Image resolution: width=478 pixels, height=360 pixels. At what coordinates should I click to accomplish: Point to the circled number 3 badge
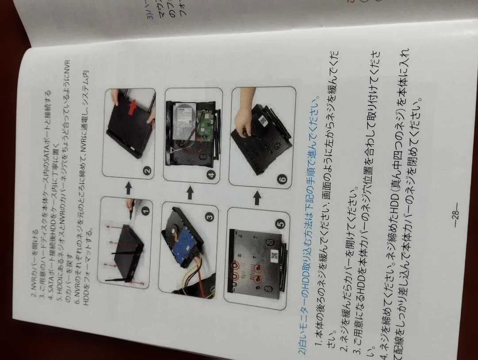click(209, 217)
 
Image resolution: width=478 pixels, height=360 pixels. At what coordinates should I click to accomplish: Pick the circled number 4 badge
click(212, 175)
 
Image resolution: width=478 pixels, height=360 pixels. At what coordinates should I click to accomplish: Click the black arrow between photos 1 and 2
click(128, 189)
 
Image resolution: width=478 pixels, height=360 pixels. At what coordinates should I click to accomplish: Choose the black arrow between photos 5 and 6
click(257, 197)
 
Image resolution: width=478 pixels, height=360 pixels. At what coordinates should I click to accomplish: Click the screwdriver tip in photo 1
click(132, 208)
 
